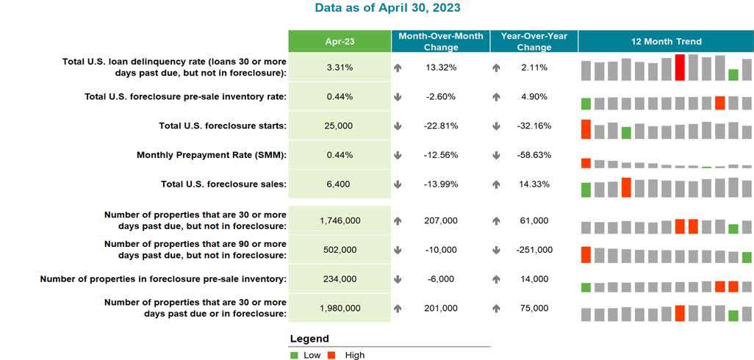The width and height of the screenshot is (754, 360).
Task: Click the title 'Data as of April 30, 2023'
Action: [x=387, y=8]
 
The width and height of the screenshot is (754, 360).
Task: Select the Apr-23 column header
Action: [x=339, y=41]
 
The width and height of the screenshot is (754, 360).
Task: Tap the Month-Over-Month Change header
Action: [x=441, y=41]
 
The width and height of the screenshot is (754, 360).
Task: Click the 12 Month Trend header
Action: [x=666, y=41]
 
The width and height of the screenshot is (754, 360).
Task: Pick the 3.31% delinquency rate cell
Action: [x=339, y=68]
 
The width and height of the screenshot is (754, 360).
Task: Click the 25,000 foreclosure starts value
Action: [x=339, y=126]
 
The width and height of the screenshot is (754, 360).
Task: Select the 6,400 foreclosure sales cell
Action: [x=339, y=184]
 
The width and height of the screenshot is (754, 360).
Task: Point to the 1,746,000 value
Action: [x=339, y=220]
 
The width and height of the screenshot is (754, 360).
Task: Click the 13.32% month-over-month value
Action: [x=441, y=68]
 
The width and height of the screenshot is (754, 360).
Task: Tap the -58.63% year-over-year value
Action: [x=534, y=155]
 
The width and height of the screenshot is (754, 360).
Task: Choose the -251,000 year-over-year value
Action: [x=534, y=250]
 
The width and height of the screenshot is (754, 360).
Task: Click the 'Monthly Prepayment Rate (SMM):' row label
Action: [x=212, y=155]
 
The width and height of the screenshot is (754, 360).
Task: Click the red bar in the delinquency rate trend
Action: [x=680, y=68]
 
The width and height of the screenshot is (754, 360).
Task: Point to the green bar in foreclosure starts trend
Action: [x=626, y=133]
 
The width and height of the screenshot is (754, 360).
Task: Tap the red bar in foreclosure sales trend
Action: [x=626, y=187]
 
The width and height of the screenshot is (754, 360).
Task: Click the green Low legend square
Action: [x=294, y=356]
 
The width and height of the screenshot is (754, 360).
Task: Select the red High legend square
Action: [x=331, y=356]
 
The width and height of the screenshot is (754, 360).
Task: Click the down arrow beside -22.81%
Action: [x=398, y=126]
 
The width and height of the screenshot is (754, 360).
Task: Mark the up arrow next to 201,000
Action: [x=398, y=309]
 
